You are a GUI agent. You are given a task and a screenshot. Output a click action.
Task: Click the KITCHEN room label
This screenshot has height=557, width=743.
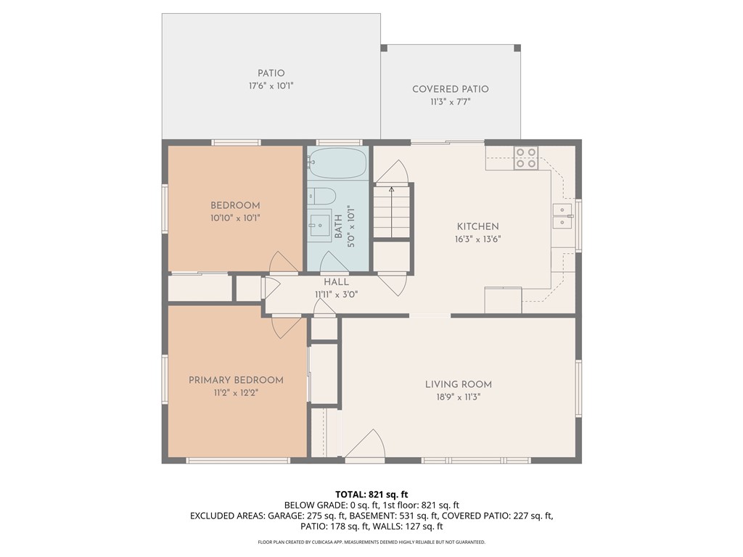(x=477, y=226)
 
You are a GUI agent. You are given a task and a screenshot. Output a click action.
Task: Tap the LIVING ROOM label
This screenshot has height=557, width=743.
(x=458, y=384)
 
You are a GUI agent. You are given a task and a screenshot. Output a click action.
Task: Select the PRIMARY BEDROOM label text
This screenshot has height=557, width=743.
(x=236, y=380)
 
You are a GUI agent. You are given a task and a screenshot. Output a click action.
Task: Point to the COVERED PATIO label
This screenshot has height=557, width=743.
(x=450, y=89)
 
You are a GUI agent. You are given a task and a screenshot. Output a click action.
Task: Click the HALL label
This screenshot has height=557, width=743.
(x=336, y=282)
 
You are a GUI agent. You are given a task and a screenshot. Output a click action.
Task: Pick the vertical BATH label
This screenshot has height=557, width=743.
(x=338, y=226)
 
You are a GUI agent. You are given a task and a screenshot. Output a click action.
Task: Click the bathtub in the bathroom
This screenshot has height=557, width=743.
(x=338, y=164)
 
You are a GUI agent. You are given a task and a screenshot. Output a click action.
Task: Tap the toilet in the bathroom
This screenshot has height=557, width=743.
(x=321, y=196)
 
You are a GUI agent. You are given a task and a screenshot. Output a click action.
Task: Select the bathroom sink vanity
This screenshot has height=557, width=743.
(x=319, y=225)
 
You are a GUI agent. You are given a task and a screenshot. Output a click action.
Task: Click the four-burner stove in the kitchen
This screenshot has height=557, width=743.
(x=526, y=157)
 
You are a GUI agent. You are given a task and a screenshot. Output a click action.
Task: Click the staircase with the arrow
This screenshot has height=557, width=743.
(x=392, y=211)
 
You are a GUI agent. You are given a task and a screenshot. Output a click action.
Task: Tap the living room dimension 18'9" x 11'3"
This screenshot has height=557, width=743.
(x=458, y=397)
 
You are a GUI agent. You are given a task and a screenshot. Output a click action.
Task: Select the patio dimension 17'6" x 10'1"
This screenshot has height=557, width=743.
(x=271, y=86)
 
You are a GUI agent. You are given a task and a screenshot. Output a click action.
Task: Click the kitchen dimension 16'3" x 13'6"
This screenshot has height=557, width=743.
(x=477, y=239)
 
